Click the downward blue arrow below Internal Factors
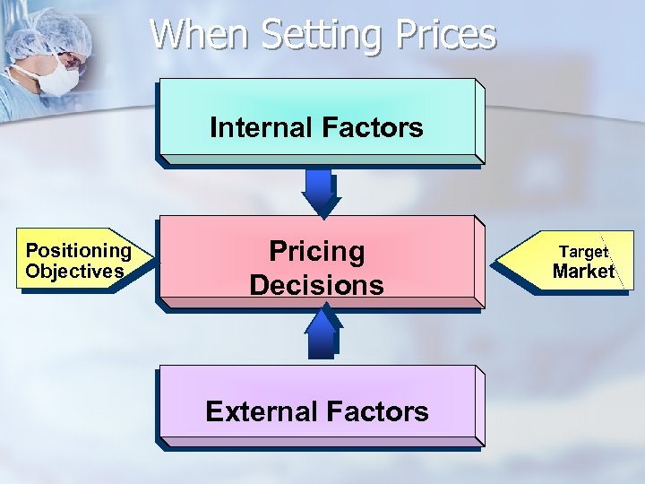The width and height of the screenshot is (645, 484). pos(319,191)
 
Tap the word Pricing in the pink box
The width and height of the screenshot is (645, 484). pos(317,251)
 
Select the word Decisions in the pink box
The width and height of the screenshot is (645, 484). pos(316,285)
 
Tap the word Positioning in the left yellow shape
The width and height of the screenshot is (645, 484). pos(79,251)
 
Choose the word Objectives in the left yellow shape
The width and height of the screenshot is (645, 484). pos(74,271)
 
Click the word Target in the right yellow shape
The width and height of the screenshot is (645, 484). pos(584,252)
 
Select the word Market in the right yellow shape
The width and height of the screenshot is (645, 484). pos(583,271)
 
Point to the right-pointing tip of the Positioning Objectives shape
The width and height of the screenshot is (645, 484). pos(153,259)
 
